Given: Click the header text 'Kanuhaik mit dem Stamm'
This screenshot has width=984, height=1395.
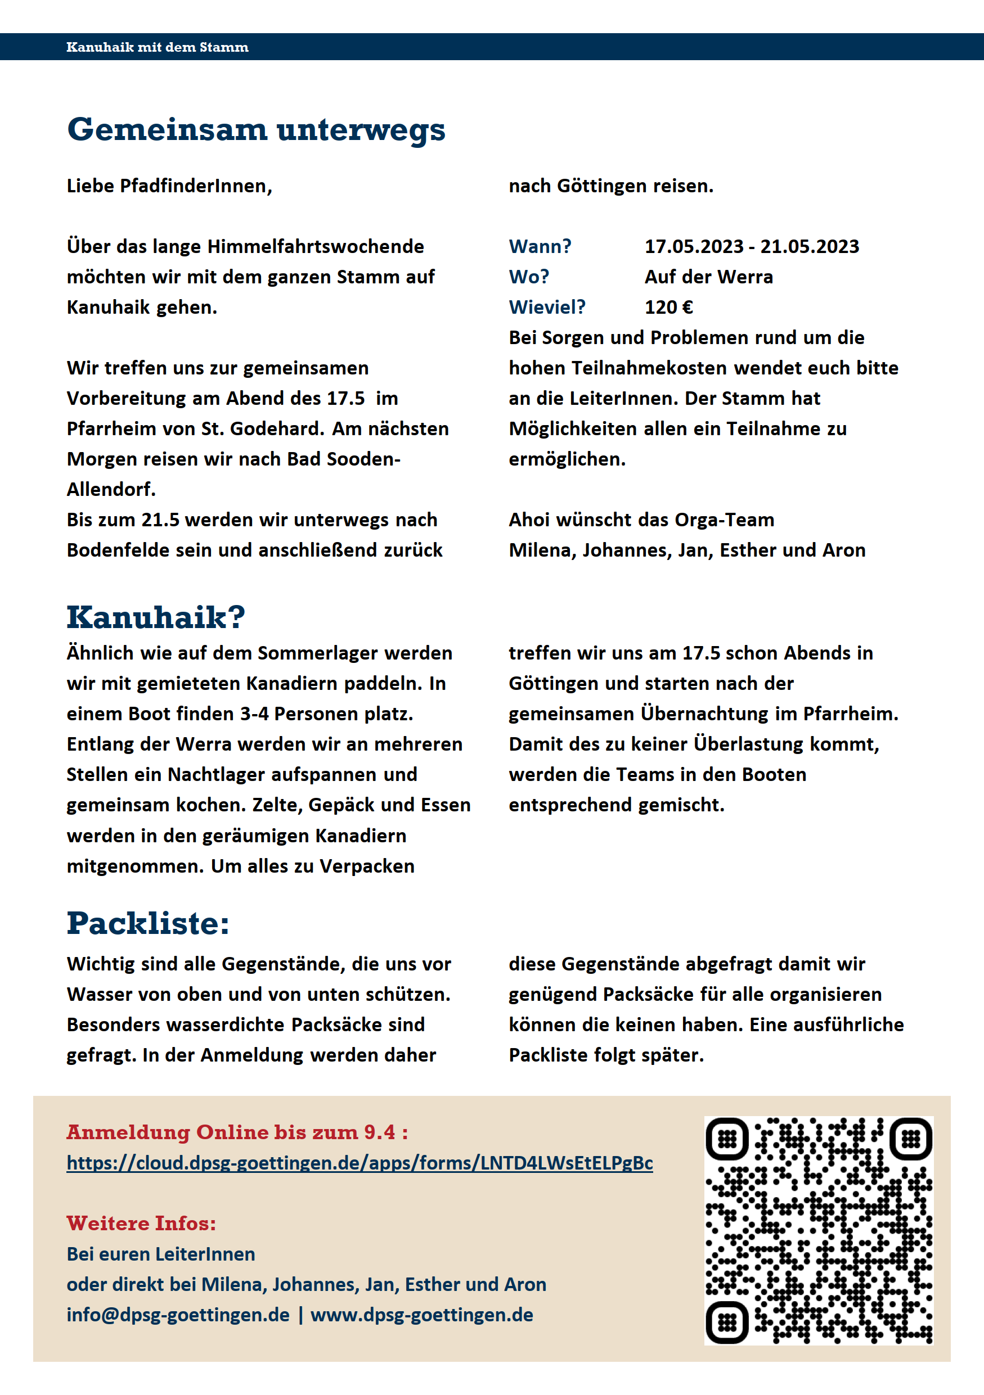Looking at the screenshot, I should tap(158, 47).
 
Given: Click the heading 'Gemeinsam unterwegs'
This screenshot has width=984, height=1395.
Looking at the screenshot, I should tap(256, 130).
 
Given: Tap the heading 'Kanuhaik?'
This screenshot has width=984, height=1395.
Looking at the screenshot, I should tap(156, 617).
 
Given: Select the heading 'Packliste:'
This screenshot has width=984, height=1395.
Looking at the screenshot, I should tap(148, 923).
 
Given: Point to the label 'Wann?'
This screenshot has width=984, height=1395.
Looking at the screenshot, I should tap(540, 247).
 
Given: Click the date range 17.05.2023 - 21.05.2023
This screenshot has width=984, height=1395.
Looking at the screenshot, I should tap(751, 247).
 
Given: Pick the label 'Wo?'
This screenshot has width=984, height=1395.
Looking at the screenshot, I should tap(529, 277).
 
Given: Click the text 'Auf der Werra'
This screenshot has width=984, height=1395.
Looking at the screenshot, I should tap(708, 277).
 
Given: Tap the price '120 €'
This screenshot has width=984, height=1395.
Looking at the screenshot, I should tap(668, 308).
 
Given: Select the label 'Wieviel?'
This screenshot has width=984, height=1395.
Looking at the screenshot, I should tap(547, 308).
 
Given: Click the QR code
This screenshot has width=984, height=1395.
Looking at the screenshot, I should tap(818, 1230).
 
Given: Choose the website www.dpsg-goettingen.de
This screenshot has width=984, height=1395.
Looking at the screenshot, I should tap(422, 1315).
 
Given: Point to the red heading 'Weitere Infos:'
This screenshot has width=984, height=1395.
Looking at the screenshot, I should tap(141, 1224).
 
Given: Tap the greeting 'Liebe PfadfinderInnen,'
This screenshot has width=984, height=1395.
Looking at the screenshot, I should tap(169, 186).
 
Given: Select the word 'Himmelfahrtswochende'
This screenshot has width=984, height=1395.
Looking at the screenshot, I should tap(316, 247).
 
